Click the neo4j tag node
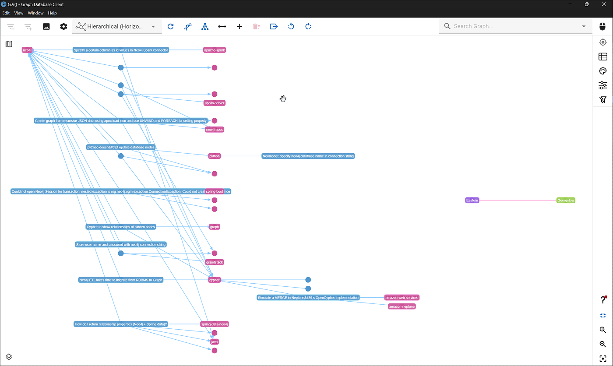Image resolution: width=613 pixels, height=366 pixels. click(x=27, y=50)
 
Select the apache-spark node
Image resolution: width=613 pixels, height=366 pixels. click(x=215, y=50)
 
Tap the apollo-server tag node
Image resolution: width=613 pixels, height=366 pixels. click(x=215, y=103)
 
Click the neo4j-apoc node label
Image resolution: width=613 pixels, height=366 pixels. click(x=215, y=130)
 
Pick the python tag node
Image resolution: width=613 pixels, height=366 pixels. click(x=215, y=156)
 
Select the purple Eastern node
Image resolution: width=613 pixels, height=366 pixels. click(x=472, y=201)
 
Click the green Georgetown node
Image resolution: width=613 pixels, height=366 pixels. click(x=566, y=201)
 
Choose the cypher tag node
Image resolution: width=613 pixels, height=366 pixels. click(x=215, y=280)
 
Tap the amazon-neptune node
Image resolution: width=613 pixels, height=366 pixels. click(x=402, y=306)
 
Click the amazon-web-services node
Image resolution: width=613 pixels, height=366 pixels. click(x=402, y=298)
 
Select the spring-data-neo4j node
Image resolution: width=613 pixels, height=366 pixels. click(x=215, y=324)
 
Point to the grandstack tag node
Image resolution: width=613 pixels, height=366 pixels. click(x=215, y=263)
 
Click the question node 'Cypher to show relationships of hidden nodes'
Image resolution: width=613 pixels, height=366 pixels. click(x=120, y=227)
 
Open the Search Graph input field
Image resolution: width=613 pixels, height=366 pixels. click(x=512, y=26)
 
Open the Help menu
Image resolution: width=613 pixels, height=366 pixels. click(x=53, y=13)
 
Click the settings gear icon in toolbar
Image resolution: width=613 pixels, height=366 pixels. click(x=64, y=27)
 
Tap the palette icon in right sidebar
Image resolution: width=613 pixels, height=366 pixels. click(x=603, y=71)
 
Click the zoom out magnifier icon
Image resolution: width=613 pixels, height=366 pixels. click(x=603, y=345)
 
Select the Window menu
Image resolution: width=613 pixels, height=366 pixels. click(x=35, y=13)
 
